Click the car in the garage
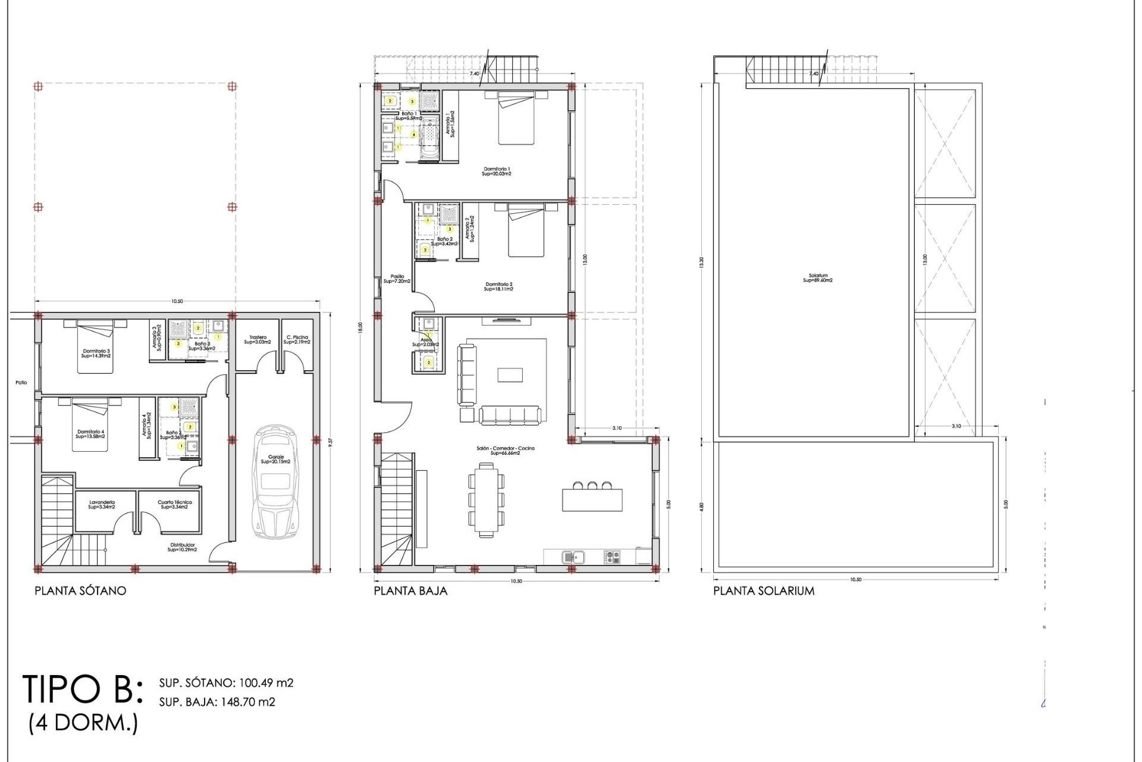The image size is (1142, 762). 275,482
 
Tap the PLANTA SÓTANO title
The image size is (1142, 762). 80,591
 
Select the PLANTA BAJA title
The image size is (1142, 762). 410,591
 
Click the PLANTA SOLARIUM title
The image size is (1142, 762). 764,591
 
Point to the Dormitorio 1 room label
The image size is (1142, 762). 497,171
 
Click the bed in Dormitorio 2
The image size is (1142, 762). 526,230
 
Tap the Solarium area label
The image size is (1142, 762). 818,278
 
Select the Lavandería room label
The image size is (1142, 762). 101,504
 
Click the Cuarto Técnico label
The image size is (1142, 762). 174,504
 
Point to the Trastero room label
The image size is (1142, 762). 258,339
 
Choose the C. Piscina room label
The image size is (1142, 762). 296,339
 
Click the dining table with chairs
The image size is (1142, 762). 487,500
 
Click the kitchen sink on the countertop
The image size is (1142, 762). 573,557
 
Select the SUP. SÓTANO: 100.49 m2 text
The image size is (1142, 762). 226,683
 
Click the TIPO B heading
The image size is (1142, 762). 82,689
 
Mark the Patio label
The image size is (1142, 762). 21,383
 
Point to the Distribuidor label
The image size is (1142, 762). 183,546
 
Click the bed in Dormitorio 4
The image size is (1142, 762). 90,426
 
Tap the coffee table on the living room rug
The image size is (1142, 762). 510,374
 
